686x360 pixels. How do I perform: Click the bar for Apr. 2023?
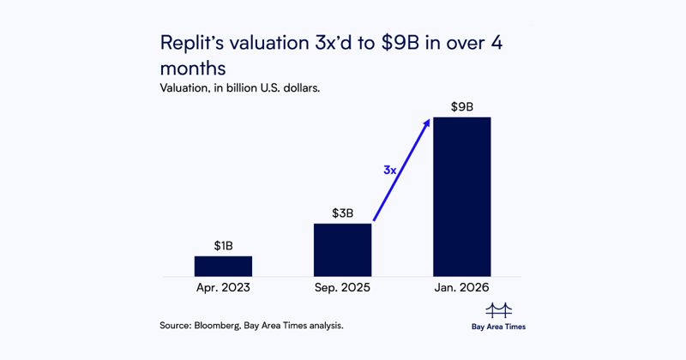pyautogui.click(x=223, y=266)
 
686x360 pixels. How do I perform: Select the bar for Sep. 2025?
pyautogui.click(x=342, y=249)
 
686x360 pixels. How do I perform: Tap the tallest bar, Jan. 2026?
pyautogui.click(x=461, y=196)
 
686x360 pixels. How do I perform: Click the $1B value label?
pyautogui.click(x=223, y=246)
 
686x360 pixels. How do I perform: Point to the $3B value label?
pyautogui.click(x=343, y=213)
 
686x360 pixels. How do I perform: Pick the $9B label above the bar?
pyautogui.click(x=462, y=107)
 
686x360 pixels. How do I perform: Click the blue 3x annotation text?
pyautogui.click(x=389, y=171)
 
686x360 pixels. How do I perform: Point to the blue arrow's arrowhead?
pyautogui.click(x=427, y=123)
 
